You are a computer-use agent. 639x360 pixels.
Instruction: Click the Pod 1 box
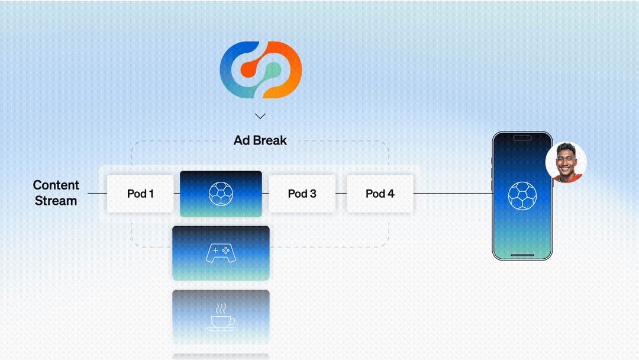coord(140,194)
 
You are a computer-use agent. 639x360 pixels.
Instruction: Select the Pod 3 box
coord(302,194)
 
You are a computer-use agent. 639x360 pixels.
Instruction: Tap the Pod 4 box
coord(380,194)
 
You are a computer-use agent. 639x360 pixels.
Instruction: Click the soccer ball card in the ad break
coord(221,194)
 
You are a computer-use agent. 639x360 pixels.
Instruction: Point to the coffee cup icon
coord(221,319)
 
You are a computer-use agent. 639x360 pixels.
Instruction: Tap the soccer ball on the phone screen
coord(522,195)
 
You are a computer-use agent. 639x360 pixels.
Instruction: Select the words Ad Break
coord(260,140)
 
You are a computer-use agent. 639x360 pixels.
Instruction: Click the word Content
coord(56,185)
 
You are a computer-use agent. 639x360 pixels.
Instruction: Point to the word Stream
coord(56,201)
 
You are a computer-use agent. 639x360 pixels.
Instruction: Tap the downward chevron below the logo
coord(260,116)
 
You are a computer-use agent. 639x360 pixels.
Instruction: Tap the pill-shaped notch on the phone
coord(522,138)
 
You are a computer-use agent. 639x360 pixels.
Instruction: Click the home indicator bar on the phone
coord(522,256)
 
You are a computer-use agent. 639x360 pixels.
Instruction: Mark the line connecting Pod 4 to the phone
coord(453,194)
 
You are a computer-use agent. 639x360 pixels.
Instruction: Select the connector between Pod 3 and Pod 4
coord(341,194)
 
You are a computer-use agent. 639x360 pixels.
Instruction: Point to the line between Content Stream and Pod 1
coord(97,194)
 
